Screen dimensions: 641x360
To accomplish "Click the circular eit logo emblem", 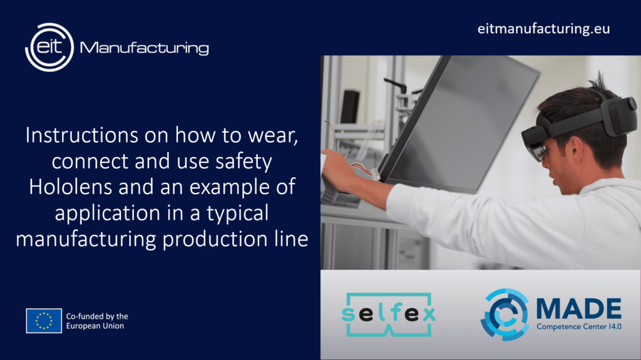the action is [49, 47].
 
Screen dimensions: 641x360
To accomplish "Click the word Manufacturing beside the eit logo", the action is [145, 48].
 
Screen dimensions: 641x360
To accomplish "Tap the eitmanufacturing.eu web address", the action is [543, 29].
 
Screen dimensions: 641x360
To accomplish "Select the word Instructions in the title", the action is [82, 135].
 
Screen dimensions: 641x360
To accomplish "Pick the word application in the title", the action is [108, 213].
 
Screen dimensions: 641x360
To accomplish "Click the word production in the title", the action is [215, 239].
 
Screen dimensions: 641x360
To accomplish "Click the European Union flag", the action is [44, 321].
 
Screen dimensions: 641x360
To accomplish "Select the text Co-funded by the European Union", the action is [97, 321].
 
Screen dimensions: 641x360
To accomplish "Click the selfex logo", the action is [388, 314].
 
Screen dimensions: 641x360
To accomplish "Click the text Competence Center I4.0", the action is [579, 326].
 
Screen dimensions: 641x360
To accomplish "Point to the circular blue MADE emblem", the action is [505, 314].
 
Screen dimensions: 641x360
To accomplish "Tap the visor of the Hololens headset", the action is [536, 146].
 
